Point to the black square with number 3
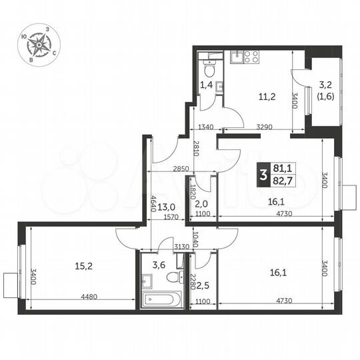(x=264, y=176)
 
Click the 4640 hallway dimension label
(x=153, y=201)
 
